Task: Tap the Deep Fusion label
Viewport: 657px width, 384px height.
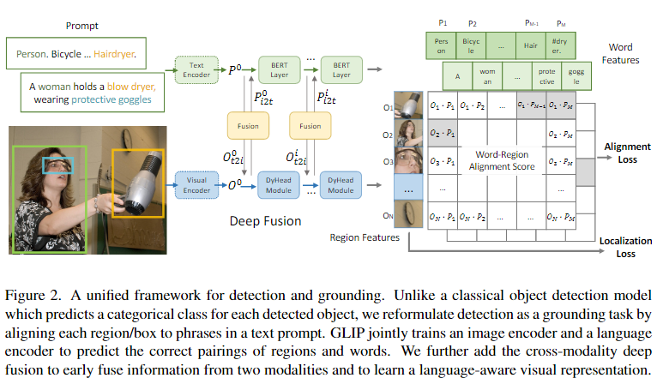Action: click(x=265, y=221)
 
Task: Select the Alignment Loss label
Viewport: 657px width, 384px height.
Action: click(x=626, y=153)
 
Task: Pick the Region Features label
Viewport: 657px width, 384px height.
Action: click(x=365, y=236)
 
